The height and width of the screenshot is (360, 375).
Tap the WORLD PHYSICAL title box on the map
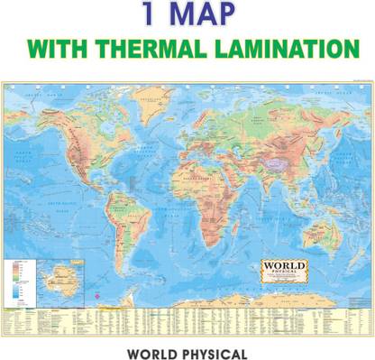[284, 271]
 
